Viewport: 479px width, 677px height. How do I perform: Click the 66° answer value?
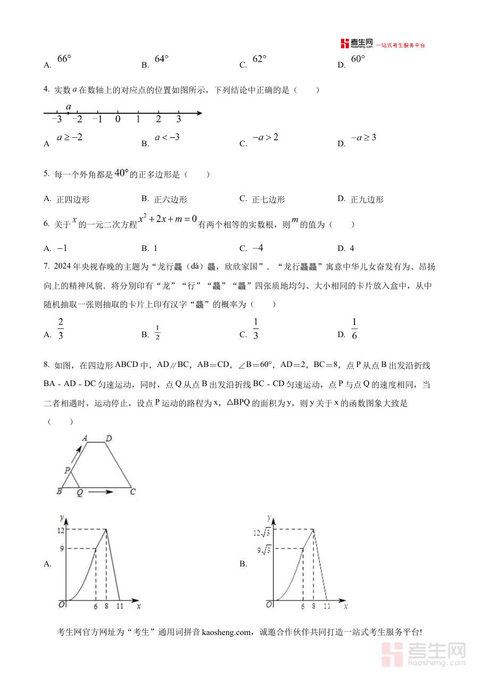[x=64, y=59]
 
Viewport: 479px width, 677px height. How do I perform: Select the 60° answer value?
[x=358, y=59]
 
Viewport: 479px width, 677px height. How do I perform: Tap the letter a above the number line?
[x=69, y=106]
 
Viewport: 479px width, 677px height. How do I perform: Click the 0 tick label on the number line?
[x=118, y=119]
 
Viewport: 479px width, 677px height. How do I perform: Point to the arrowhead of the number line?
[x=199, y=113]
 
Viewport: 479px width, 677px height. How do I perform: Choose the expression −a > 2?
[x=266, y=137]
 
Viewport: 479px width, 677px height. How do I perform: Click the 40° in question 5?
[x=122, y=173]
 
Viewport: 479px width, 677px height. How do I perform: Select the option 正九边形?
[x=367, y=200]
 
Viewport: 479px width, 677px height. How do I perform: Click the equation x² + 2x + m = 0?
[x=168, y=219]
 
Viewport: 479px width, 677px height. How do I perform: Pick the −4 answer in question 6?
[x=258, y=248]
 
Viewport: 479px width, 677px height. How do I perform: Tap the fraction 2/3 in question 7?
[x=61, y=329]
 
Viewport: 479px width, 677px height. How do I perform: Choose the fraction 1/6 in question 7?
[x=354, y=329]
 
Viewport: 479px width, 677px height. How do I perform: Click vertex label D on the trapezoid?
[x=108, y=438]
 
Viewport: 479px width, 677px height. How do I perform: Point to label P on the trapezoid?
[x=67, y=470]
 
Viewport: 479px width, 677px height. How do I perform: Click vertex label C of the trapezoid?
[x=133, y=492]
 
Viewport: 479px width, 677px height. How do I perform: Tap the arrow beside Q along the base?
[x=101, y=492]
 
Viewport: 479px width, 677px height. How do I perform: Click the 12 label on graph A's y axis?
[x=61, y=530]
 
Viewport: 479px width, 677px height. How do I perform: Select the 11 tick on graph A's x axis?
[x=120, y=606]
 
